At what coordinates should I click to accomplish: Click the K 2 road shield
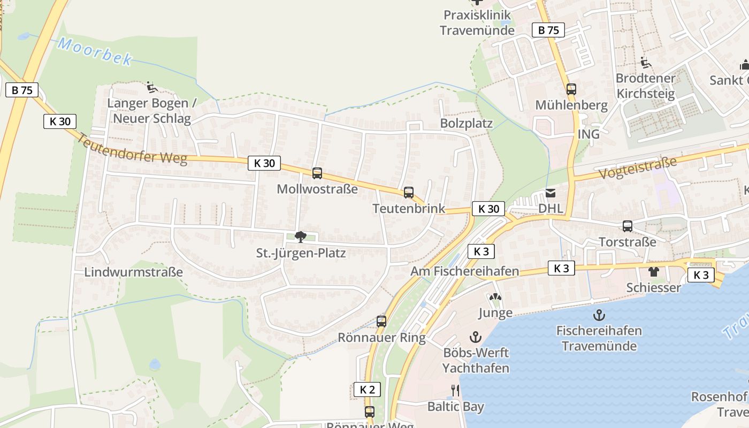367,389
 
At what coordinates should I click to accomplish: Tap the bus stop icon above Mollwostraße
317,173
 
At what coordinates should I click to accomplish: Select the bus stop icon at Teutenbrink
409,193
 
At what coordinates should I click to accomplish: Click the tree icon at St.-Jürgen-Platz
301,237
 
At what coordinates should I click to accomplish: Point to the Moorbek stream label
95,51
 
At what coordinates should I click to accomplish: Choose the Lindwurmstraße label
134,272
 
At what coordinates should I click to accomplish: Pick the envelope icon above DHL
551,194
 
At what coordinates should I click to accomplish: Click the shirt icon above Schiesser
653,272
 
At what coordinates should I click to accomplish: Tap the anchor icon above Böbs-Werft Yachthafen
475,337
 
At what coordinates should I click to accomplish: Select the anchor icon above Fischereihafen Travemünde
599,315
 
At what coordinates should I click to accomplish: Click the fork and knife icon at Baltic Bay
455,390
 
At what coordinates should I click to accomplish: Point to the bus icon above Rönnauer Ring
381,322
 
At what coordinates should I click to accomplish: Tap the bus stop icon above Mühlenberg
571,89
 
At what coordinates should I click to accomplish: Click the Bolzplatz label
466,124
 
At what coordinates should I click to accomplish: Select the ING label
588,134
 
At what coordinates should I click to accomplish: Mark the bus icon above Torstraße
628,226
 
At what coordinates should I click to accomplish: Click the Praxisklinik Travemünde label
477,22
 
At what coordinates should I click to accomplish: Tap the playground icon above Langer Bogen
151,87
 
